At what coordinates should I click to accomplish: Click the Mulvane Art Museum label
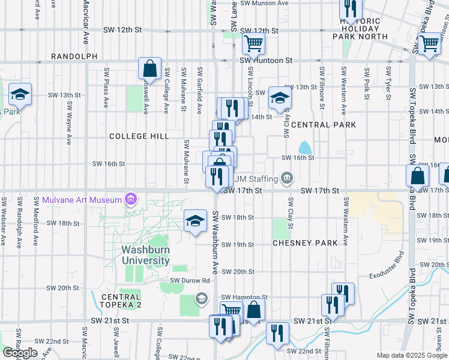point(82,199)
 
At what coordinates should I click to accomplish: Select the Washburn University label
point(145,255)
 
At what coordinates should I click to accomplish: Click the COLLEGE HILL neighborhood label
point(139,136)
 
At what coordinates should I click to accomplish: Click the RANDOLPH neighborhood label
point(74,56)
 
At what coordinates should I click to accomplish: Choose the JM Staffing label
point(255,178)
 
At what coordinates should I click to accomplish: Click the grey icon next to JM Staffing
point(287,178)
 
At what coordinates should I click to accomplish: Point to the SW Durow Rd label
point(189,280)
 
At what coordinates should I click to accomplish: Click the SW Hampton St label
point(244,298)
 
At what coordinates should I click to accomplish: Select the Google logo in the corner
point(20,353)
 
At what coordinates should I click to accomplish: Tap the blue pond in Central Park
point(305,148)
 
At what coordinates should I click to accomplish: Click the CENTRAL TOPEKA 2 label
point(121,301)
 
